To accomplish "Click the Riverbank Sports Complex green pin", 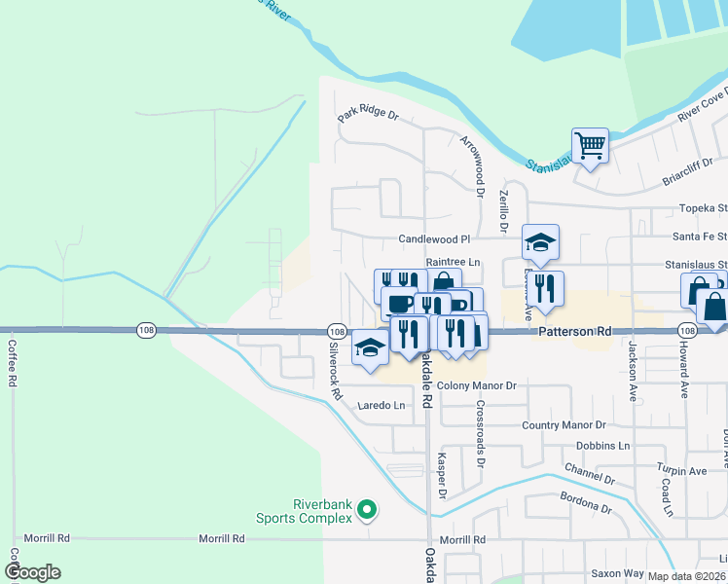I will tap(367, 509).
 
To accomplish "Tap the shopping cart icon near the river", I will tap(590, 147).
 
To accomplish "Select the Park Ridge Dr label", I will tap(369, 116).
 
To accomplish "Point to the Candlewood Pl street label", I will tap(434, 238).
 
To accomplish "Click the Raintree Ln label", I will tap(454, 262).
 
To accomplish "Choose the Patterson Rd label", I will tap(575, 332).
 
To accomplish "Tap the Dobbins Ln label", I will tap(602, 446).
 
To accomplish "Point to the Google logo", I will tap(32, 572).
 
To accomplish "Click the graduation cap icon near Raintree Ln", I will tap(540, 242).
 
